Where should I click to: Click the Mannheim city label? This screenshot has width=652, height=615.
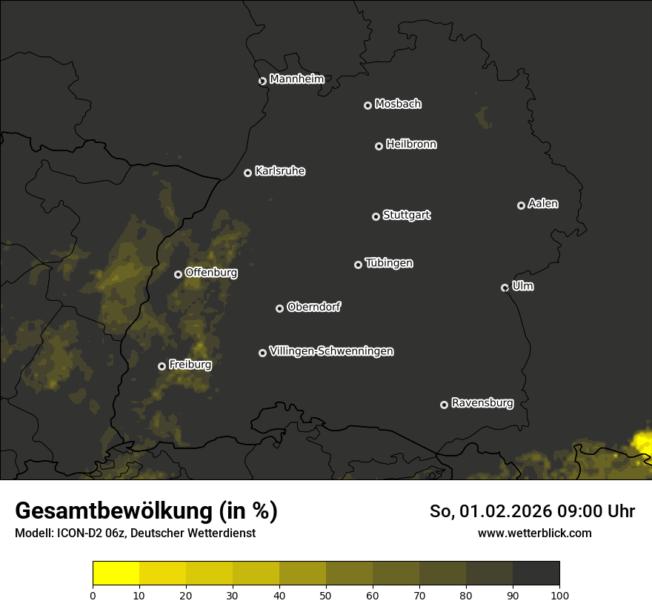(296, 79)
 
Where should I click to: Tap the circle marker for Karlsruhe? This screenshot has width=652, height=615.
(247, 173)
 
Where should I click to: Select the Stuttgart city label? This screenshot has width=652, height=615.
(406, 215)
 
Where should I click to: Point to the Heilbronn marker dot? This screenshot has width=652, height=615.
(379, 146)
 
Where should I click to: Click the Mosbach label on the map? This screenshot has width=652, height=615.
(398, 104)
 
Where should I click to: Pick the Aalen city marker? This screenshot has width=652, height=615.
(521, 205)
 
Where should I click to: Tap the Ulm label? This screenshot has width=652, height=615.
(522, 286)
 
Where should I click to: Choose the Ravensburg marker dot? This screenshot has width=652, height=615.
(444, 405)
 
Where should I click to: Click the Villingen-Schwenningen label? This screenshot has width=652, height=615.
(331, 351)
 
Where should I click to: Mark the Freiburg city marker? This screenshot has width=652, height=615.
(162, 366)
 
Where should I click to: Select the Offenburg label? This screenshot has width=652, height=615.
(211, 273)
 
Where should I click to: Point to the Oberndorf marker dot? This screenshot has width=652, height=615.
(279, 308)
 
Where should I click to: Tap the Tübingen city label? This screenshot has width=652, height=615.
(389, 263)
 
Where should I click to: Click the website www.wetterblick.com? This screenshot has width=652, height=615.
(534, 533)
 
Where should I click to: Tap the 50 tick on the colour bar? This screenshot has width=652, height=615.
(326, 594)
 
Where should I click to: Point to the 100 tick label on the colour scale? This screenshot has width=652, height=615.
(559, 594)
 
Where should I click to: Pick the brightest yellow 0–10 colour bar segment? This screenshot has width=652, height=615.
(116, 573)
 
